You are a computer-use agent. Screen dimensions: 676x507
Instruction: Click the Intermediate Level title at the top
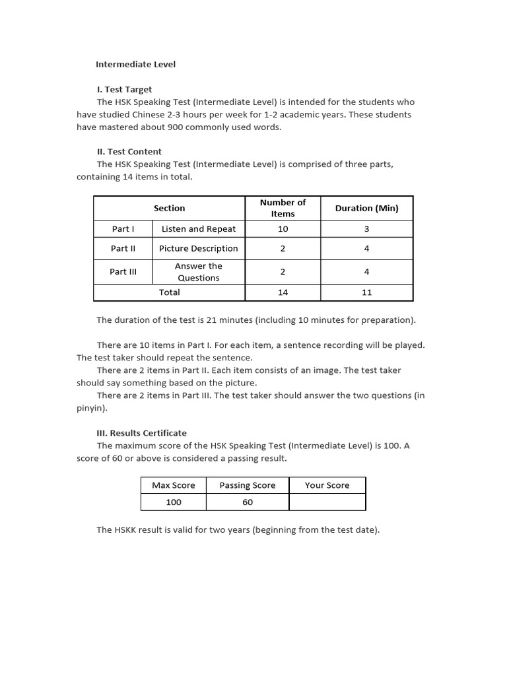(x=136, y=65)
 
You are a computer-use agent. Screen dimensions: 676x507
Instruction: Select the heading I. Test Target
(x=124, y=89)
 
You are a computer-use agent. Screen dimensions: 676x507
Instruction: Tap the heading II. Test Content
(x=129, y=151)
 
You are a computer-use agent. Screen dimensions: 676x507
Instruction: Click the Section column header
(x=169, y=208)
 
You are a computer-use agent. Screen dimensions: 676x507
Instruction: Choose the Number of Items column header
(x=283, y=208)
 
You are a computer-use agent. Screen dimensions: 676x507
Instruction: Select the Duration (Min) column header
(x=366, y=208)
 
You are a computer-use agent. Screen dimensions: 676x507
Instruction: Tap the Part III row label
(x=123, y=272)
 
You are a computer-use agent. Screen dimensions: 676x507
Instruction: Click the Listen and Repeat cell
(x=198, y=229)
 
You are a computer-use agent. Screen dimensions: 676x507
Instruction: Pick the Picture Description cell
(x=198, y=249)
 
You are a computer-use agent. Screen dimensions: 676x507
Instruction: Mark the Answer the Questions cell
(x=198, y=272)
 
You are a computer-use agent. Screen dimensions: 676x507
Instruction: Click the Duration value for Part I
(x=366, y=229)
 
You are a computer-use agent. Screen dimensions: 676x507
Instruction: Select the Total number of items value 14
(x=283, y=292)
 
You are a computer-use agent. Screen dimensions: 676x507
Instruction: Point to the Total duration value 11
(x=366, y=292)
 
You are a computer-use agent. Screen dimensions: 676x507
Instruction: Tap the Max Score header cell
(x=174, y=485)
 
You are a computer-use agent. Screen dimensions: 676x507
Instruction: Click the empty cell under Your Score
(x=327, y=502)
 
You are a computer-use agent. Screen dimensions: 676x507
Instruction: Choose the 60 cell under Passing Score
(x=248, y=502)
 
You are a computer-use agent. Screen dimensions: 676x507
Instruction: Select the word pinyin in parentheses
(x=90, y=408)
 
